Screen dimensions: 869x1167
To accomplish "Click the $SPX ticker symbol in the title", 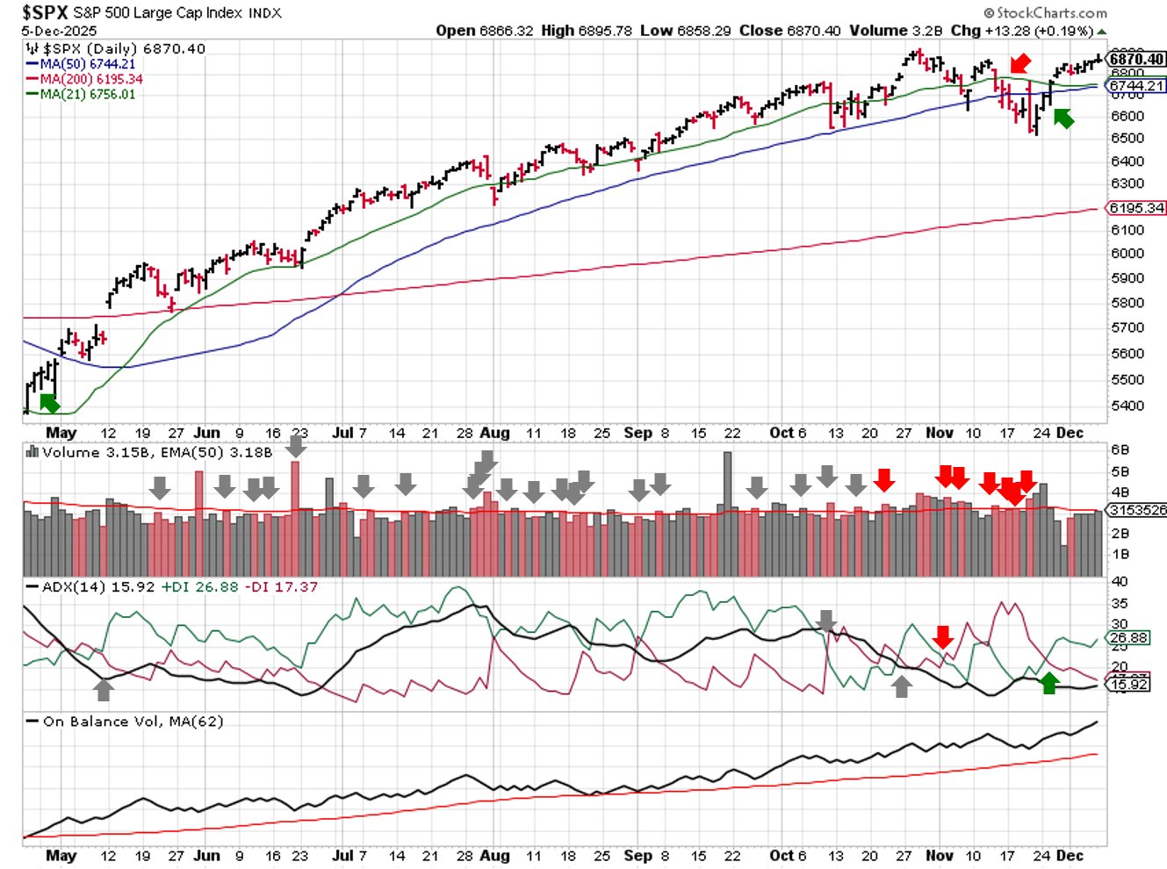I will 45,12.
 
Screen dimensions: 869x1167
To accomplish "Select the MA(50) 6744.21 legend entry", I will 87,64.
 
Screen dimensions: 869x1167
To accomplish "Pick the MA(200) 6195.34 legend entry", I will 90,79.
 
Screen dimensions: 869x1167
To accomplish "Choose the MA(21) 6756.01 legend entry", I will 87,94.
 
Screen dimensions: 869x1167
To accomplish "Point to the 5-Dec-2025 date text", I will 59,31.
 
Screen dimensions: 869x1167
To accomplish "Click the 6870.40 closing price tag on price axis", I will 1137,59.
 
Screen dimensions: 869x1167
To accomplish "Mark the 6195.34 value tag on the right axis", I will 1137,208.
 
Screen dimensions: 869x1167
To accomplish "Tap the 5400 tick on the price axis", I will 1127,406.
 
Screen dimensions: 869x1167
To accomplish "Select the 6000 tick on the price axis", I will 1127,254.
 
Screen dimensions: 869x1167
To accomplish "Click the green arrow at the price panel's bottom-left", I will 50,403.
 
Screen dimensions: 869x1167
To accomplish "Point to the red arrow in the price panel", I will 1019,63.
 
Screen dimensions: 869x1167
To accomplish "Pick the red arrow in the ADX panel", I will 943,636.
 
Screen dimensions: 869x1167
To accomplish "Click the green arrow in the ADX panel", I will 1048,682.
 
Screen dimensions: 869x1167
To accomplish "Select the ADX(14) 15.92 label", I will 98,586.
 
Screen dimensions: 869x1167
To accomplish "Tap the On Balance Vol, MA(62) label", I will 133,722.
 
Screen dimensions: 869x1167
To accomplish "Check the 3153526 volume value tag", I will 1137,510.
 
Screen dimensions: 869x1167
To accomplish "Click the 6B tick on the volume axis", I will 1120,449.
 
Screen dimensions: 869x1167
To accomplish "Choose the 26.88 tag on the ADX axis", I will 1129,638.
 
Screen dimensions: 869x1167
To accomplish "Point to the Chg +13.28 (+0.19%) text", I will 1024,31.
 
